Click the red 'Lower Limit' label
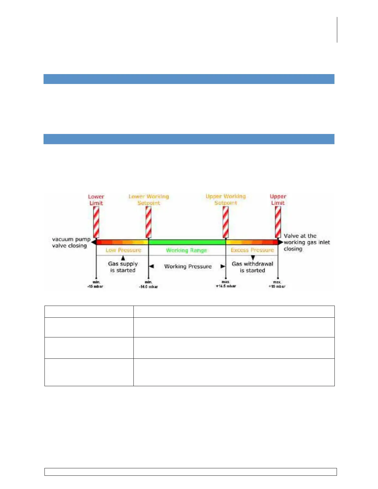coord(96,200)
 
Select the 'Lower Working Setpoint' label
coord(149,200)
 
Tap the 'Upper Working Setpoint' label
coord(226,199)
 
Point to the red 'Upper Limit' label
coord(278,199)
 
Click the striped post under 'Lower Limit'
coord(96,222)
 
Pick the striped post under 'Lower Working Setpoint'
coord(149,222)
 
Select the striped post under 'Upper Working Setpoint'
coord(226,222)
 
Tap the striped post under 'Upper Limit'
coord(278,222)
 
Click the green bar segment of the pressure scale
coord(187,242)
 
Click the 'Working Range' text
coord(187,250)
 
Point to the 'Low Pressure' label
coord(123,250)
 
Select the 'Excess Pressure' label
coord(252,250)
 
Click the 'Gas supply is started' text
coord(123,267)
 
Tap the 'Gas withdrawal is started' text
coord(253,267)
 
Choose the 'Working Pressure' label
coord(188,266)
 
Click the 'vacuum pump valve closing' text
coord(71,242)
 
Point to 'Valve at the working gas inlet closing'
coord(307,242)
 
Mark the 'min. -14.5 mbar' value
coord(149,284)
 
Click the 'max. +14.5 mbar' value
coord(226,284)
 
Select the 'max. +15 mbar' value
coord(277,284)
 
